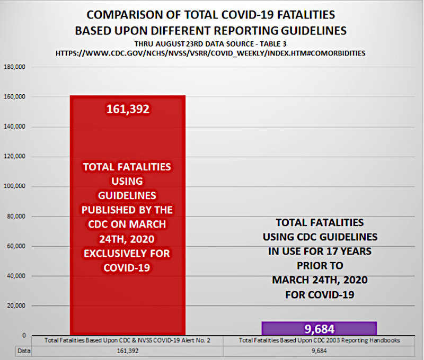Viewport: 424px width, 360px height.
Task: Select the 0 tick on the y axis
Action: pyautogui.click(x=24, y=336)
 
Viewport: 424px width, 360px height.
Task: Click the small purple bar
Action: pyautogui.click(x=319, y=328)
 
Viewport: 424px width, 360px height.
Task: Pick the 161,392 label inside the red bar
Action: pyautogui.click(x=127, y=110)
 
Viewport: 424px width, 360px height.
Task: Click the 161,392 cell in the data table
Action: pyautogui.click(x=127, y=350)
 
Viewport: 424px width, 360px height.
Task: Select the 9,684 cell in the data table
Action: pyautogui.click(x=319, y=350)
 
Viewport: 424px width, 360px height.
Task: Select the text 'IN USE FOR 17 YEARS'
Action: pyautogui.click(x=319, y=251)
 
